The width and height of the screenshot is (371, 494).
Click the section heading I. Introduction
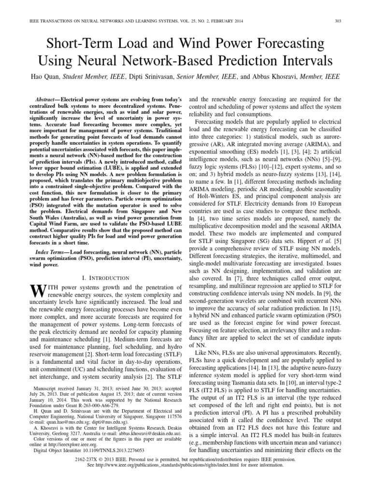pos(104,277)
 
